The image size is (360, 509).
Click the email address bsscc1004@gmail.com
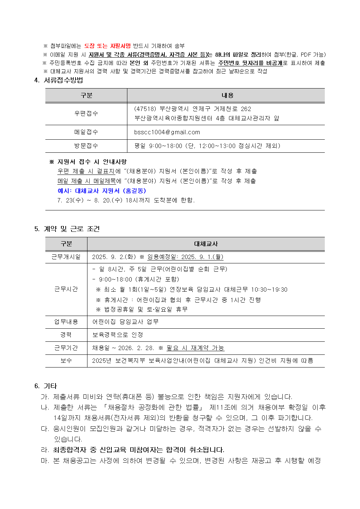167,132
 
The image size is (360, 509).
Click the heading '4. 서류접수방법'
58,80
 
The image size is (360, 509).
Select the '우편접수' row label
86,114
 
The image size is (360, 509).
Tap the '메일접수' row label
86,132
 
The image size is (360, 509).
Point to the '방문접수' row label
86,146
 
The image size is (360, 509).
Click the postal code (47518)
145,109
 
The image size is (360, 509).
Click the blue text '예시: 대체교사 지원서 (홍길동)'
102,191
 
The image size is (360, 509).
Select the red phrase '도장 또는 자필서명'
107,46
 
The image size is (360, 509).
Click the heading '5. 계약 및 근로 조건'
67,229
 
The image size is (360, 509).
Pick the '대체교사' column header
206,244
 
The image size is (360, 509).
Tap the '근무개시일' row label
66,257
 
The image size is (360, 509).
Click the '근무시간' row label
66,289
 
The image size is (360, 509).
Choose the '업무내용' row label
66,322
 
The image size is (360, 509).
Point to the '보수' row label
66,361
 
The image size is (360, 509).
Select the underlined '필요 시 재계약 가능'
195,348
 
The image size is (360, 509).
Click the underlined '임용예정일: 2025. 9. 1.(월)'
185,257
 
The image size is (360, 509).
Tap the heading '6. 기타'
46,386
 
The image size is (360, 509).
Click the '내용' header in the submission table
228,95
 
